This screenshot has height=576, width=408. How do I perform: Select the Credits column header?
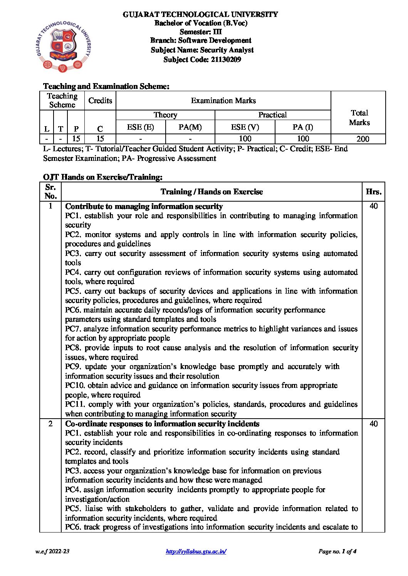(x=100, y=101)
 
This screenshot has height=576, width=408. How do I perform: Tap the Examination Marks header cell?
(x=223, y=101)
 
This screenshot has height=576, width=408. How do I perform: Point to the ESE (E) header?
(x=140, y=127)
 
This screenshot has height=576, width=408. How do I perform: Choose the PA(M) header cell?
(x=190, y=127)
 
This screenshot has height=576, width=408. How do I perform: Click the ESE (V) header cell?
(x=245, y=127)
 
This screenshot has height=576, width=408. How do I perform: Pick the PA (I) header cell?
(x=303, y=127)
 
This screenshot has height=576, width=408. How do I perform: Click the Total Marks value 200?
(x=363, y=139)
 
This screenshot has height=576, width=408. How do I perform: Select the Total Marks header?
(x=359, y=118)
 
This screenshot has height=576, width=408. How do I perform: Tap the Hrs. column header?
(x=374, y=192)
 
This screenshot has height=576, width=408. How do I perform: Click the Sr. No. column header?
(x=50, y=192)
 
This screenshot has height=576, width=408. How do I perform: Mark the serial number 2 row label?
(x=50, y=424)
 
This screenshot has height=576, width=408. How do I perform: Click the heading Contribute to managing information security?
(x=144, y=206)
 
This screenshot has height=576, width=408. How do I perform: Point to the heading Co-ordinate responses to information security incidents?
(x=162, y=424)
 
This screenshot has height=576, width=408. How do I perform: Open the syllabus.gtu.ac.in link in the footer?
(x=196, y=551)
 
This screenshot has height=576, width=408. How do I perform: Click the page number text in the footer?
(x=337, y=551)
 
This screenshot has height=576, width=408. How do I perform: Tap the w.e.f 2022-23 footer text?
(x=52, y=551)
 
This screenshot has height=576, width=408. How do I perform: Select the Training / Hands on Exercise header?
(x=212, y=192)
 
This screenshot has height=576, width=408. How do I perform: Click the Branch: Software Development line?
(x=201, y=40)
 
